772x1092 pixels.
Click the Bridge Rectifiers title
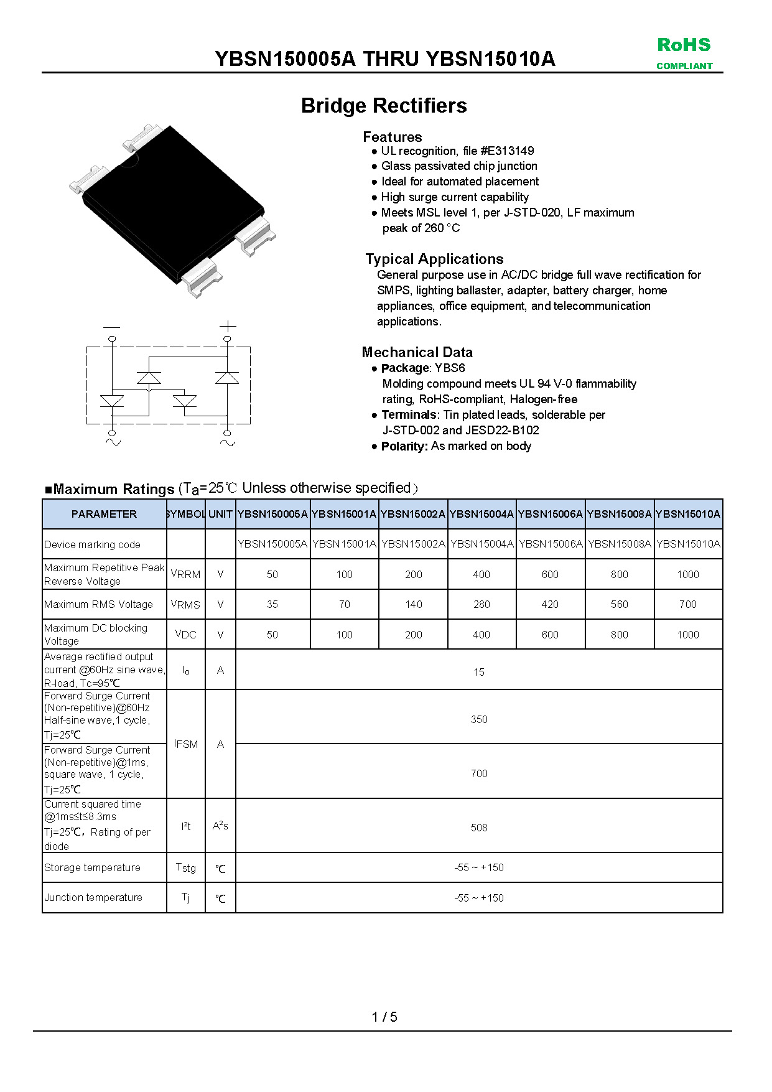pyautogui.click(x=384, y=106)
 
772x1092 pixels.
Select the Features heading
pyautogui.click(x=392, y=137)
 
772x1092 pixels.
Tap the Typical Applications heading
pyautogui.click(x=434, y=259)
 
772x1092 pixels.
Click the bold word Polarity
pyautogui.click(x=404, y=446)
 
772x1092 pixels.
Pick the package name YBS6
pyautogui.click(x=450, y=368)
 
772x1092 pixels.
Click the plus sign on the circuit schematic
pyautogui.click(x=228, y=325)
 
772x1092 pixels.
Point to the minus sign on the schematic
pyautogui.click(x=112, y=327)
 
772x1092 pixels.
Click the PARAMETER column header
pyautogui.click(x=104, y=514)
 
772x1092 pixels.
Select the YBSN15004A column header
pyautogui.click(x=481, y=514)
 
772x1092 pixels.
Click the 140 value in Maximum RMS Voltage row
pyautogui.click(x=413, y=604)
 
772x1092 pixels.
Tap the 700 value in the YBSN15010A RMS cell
pyautogui.click(x=687, y=604)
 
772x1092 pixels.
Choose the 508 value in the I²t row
pyautogui.click(x=479, y=828)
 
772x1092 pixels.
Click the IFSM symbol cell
pyautogui.click(x=186, y=744)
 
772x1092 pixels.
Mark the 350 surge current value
pyautogui.click(x=479, y=719)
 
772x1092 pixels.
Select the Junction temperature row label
pyautogui.click(x=93, y=897)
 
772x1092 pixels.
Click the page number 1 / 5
pyautogui.click(x=384, y=1017)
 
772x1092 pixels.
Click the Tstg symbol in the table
pyautogui.click(x=186, y=867)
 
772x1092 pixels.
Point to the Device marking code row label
pyautogui.click(x=92, y=544)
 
